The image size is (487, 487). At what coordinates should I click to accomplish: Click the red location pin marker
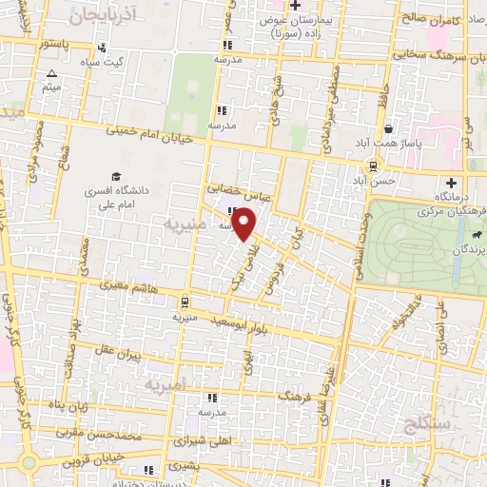(244, 224)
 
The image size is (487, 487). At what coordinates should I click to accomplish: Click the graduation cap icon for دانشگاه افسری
(115, 176)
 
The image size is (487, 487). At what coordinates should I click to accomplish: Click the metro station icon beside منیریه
(185, 302)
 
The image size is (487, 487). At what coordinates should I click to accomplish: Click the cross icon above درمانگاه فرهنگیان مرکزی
(451, 183)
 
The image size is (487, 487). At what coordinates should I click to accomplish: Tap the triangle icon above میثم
(52, 74)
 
